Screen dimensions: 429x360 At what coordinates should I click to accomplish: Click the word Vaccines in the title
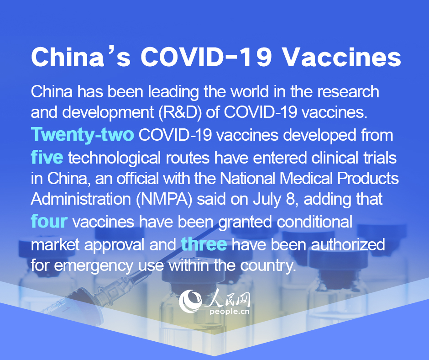342,57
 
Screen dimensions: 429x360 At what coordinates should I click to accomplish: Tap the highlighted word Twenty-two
82,134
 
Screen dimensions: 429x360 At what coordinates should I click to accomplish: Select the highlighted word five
47,157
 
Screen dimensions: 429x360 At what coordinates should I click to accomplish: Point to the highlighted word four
49,221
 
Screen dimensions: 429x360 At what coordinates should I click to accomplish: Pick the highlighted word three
204,244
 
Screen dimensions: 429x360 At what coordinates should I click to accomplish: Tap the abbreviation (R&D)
180,112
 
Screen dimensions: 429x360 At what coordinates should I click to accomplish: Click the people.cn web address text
230,312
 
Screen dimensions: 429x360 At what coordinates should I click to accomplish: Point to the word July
267,200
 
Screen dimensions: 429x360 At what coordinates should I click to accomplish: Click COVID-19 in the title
206,57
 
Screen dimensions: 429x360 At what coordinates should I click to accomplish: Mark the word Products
368,179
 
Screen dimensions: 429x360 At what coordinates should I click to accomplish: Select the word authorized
348,244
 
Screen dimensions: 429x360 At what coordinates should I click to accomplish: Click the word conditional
314,222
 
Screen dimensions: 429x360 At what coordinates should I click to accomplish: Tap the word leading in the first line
173,92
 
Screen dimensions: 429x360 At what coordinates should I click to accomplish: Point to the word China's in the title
81,57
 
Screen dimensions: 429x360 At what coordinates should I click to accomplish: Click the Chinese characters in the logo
228,299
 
